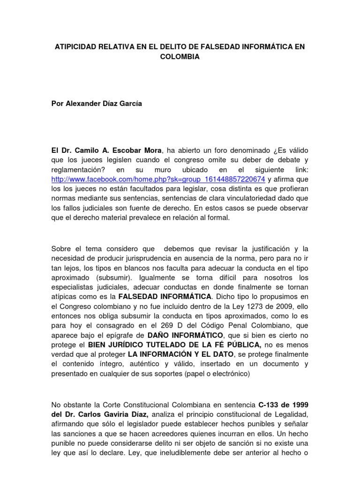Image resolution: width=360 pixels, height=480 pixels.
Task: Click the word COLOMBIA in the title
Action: coord(180,57)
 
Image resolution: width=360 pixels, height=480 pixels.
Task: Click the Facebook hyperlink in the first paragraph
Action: coord(158,180)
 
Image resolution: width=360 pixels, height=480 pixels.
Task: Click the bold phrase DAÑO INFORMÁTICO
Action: coord(185,335)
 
